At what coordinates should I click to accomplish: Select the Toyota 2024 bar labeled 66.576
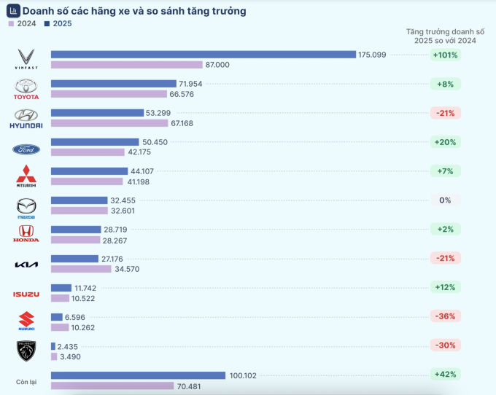tap(109, 94)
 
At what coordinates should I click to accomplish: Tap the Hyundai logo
tap(26, 118)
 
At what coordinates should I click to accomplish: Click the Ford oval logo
tap(26, 149)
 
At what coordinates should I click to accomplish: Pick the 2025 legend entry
tap(58, 23)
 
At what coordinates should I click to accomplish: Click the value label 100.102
tap(244, 375)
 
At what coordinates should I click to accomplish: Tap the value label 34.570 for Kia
tap(127, 269)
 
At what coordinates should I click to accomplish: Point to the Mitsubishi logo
tap(26, 176)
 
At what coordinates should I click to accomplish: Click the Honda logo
tap(26, 234)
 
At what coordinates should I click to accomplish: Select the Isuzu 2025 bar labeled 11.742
tap(61, 288)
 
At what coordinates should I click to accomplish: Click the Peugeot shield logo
tap(26, 351)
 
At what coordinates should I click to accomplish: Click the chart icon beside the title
tap(13, 11)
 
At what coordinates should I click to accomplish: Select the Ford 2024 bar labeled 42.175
tap(88, 152)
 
